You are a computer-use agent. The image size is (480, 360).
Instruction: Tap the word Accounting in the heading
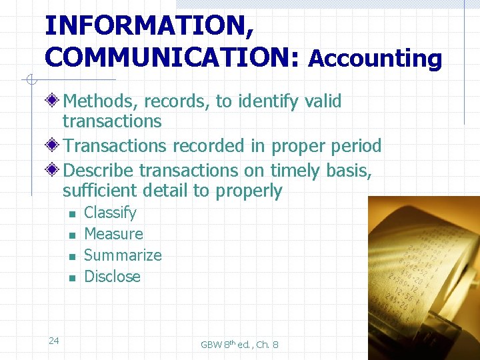click(x=375, y=59)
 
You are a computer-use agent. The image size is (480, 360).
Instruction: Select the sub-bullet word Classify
click(x=110, y=213)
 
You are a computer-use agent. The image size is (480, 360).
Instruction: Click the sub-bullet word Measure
click(x=113, y=234)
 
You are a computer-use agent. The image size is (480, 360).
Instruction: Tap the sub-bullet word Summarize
click(x=123, y=255)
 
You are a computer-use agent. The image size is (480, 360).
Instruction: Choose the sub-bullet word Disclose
click(x=112, y=277)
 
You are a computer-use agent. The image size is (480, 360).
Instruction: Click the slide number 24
click(x=54, y=341)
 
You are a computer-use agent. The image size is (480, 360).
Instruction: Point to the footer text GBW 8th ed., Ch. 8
click(x=239, y=345)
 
